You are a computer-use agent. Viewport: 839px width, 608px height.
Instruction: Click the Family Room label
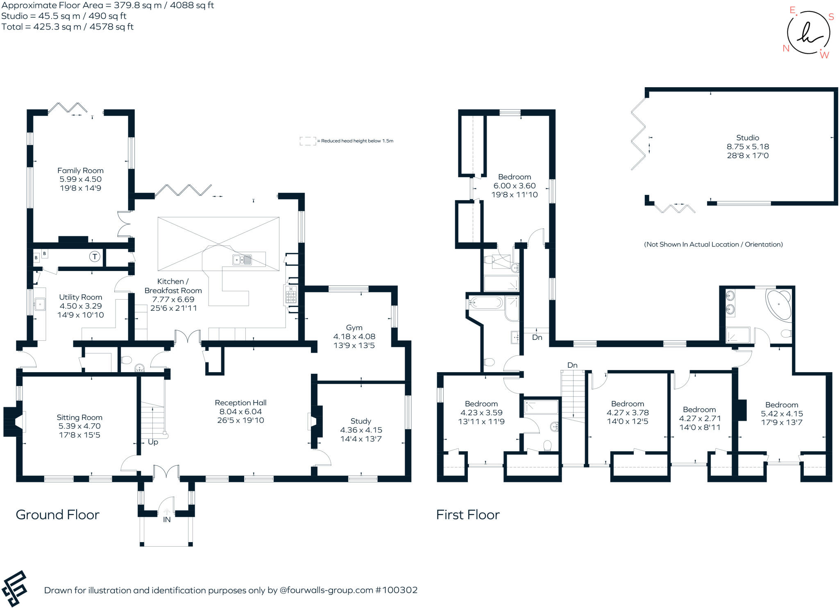click(80, 170)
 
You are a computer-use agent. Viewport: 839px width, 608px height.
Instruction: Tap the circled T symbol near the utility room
click(95, 257)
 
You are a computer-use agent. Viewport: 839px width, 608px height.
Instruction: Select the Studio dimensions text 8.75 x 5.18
click(748, 147)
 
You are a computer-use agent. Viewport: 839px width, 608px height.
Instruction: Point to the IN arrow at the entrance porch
click(167, 512)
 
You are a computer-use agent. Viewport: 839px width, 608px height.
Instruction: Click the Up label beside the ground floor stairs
click(153, 442)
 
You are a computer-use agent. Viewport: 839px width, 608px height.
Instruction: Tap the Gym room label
click(354, 328)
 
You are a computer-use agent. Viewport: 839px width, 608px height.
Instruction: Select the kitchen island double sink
click(242, 260)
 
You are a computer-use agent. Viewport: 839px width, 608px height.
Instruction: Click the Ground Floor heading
click(57, 515)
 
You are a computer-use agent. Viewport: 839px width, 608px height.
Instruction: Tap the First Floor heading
click(468, 515)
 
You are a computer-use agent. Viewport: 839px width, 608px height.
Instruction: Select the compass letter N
click(786, 48)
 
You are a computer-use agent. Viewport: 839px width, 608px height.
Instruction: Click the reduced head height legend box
click(308, 141)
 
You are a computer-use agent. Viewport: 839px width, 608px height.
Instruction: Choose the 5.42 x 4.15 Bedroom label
click(781, 405)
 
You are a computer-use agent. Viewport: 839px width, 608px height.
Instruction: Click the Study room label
click(361, 421)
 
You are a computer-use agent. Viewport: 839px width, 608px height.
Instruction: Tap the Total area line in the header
click(68, 27)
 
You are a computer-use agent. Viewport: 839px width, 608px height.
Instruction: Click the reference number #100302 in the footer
click(396, 590)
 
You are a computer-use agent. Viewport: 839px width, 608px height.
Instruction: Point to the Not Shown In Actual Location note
click(713, 244)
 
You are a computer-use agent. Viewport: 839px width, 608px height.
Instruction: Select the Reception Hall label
click(240, 403)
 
